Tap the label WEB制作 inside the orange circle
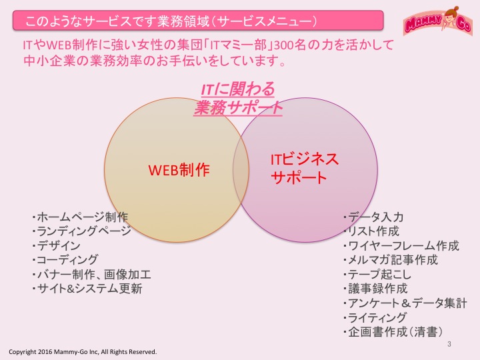click(179, 170)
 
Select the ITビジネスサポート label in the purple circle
click(305, 169)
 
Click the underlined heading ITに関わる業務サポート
click(238, 99)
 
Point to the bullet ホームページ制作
click(80, 217)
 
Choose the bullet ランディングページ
click(81, 231)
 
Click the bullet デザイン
click(56, 246)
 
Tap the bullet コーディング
click(65, 260)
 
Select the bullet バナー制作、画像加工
click(91, 274)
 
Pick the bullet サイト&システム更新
click(87, 289)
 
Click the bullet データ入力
click(373, 217)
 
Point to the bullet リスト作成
click(371, 231)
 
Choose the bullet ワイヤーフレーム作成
click(401, 246)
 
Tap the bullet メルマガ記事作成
click(391, 260)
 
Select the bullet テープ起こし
click(377, 274)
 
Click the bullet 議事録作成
click(375, 289)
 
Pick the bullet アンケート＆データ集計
click(405, 303)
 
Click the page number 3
click(449, 344)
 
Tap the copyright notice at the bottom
click(83, 352)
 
